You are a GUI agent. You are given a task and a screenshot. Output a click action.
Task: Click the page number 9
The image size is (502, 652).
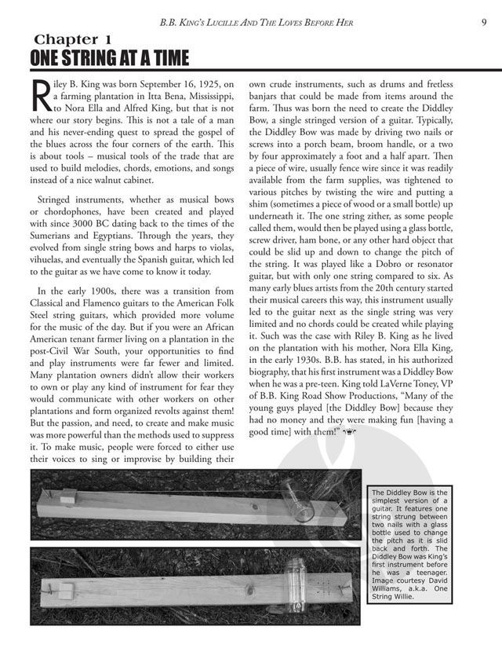[x=486, y=21]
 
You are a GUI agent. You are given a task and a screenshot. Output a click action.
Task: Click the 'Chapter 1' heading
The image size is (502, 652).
[x=77, y=39]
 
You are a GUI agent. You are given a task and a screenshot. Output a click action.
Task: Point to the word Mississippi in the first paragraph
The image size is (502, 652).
[x=206, y=94]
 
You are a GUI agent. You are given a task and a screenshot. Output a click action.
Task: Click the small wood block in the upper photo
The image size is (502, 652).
[x=67, y=496]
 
